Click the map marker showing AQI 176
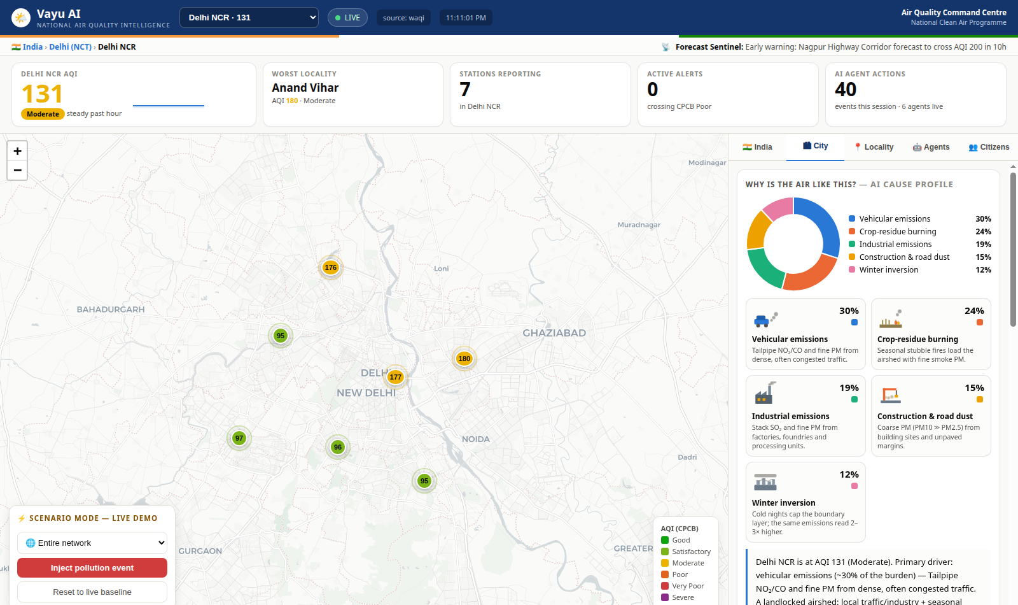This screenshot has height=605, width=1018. pos(330,267)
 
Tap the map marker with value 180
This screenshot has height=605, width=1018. pos(464,359)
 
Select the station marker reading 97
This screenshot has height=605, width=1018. pos(239,438)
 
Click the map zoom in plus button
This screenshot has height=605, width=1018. pos(17,151)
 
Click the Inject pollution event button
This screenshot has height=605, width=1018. pos(92,567)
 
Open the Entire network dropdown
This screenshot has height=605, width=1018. pos(92,543)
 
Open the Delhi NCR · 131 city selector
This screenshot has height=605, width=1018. pos(249,18)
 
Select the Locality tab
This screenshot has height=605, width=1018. pos(874,147)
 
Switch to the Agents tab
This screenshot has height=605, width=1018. pos(931,147)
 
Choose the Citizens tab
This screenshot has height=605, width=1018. pos(989,147)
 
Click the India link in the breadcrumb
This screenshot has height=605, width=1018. pos(32,47)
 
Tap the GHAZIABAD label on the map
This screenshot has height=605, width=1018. pos(554,333)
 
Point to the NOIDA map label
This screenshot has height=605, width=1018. pos(476,439)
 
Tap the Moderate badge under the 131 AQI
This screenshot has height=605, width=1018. pos(43,114)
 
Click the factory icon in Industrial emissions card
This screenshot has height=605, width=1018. pos(764,393)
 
